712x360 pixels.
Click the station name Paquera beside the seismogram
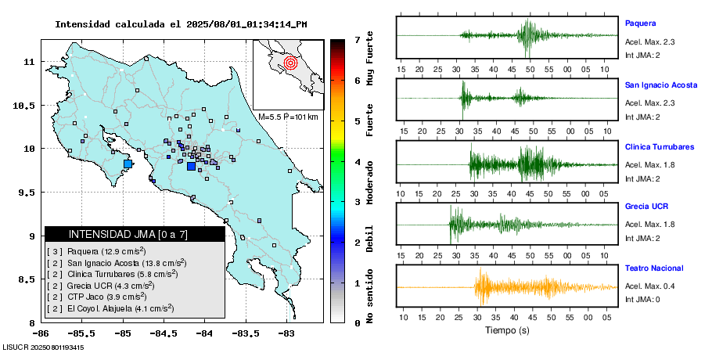(640, 23)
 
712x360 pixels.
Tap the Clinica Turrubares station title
(660, 146)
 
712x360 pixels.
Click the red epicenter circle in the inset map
(290, 62)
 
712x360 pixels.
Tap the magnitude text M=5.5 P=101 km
(288, 117)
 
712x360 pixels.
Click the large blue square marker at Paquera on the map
(128, 164)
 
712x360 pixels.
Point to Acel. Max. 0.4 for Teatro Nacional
(649, 286)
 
